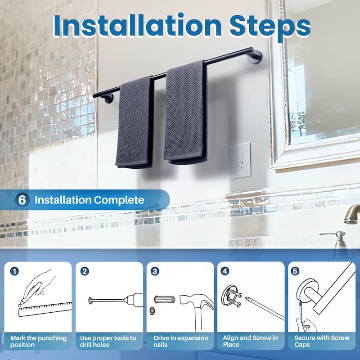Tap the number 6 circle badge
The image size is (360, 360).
(22, 200)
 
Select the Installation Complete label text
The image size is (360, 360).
(89, 200)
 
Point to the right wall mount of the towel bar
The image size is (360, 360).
(256, 57)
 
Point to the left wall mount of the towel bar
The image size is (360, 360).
(108, 98)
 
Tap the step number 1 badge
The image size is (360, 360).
(14, 271)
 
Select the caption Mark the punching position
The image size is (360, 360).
(39, 341)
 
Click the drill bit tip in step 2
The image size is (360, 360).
(90, 300)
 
